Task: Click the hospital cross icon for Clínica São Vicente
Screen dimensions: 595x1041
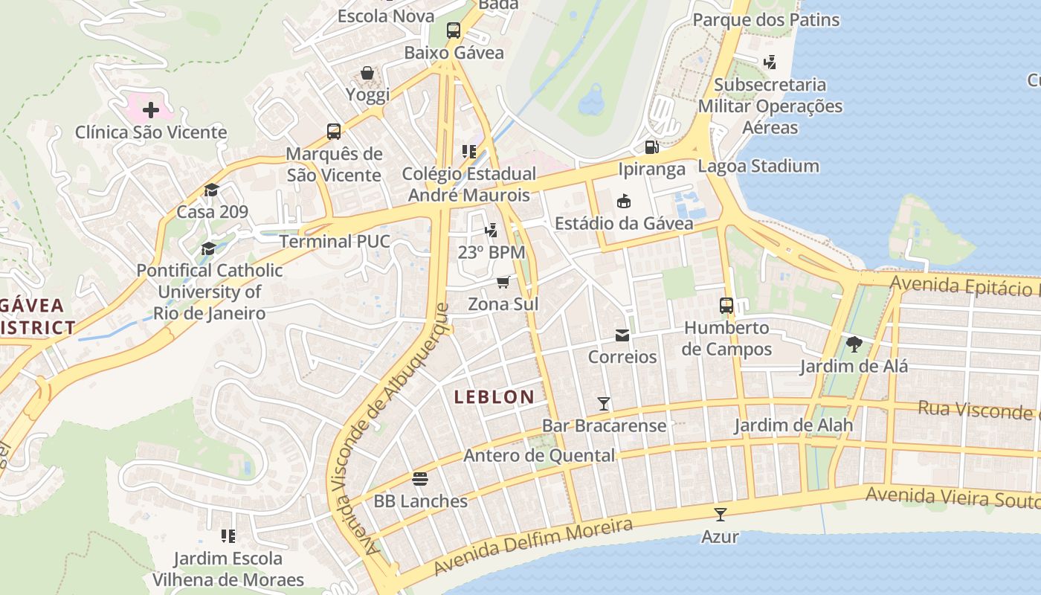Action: point(151,111)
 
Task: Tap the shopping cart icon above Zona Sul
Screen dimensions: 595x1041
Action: point(503,282)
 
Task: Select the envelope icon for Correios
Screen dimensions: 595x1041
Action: point(622,335)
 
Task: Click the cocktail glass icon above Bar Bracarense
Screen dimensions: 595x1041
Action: point(604,404)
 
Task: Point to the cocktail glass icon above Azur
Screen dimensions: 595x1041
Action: point(720,514)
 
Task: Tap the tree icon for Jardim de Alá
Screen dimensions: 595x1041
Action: point(854,344)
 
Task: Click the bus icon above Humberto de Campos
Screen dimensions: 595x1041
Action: point(726,306)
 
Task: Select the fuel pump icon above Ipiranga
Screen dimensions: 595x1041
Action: point(651,147)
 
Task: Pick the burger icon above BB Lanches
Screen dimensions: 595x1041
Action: point(420,478)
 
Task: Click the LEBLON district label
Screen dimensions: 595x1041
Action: point(494,397)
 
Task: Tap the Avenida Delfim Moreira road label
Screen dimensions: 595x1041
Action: point(533,547)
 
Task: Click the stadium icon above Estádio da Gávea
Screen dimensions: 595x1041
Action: point(624,201)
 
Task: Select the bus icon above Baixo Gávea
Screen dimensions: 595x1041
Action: point(454,30)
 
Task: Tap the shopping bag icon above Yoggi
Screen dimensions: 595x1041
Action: point(367,73)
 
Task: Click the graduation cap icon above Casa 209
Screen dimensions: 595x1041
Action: point(212,190)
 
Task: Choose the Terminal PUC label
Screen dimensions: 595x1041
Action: point(335,242)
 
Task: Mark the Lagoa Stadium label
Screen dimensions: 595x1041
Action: point(758,166)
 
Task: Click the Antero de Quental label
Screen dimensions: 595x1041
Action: point(539,455)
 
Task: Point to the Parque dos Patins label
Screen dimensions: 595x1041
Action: point(766,20)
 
